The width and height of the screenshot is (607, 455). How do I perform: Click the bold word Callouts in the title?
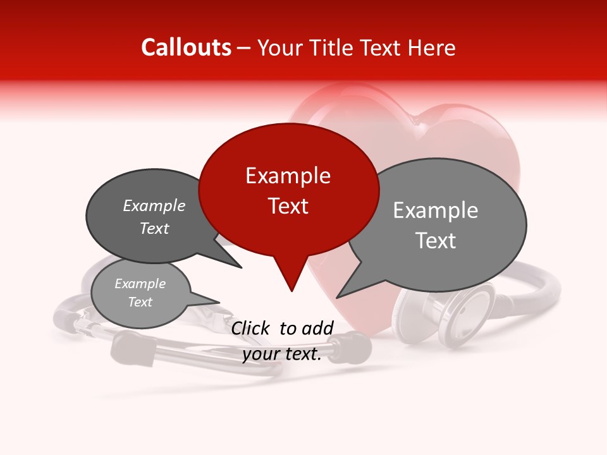click(186, 48)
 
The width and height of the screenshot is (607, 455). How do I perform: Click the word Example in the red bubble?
click(288, 176)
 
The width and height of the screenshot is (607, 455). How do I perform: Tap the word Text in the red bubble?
click(288, 206)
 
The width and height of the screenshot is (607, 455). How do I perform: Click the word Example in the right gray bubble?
click(436, 210)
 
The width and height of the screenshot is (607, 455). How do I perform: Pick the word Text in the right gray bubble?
click(436, 241)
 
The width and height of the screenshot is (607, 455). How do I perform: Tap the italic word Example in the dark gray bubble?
click(154, 206)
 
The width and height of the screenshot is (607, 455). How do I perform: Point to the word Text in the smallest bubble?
click(140, 302)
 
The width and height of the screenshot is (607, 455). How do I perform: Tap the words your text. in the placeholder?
click(282, 354)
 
